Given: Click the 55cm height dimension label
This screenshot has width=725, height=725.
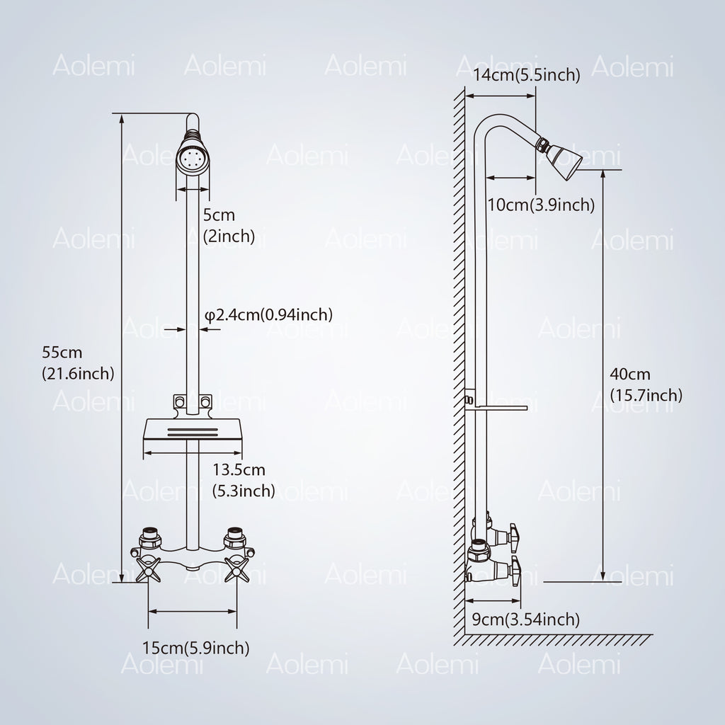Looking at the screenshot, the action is point(78,362).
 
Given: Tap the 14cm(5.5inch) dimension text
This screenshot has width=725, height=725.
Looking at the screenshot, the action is point(526,75).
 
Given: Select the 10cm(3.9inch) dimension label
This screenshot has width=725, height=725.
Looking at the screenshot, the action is point(541,205).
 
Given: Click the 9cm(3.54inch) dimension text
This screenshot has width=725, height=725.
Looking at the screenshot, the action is point(526,619).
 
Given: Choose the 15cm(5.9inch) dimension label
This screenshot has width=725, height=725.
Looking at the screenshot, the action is point(195,648).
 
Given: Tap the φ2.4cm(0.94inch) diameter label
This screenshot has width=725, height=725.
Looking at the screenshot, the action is point(268,315).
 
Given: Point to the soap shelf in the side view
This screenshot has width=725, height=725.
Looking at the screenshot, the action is point(496,409).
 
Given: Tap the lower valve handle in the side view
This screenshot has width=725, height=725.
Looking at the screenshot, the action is point(515,570).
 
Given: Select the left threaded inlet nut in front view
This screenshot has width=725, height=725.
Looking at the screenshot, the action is point(150,538).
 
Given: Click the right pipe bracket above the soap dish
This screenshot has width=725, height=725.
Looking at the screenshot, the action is point(205,401).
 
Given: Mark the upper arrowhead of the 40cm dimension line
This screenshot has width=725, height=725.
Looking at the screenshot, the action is point(603,174).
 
